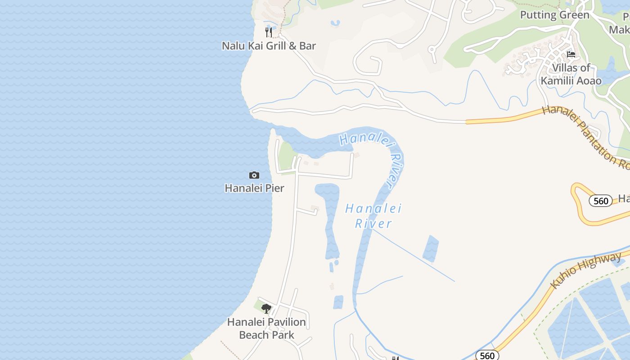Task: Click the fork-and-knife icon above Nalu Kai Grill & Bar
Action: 269,32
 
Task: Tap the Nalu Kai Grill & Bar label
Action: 269,45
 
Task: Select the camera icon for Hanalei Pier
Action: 254,175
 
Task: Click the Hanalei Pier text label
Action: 254,188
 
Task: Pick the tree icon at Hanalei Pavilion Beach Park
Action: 266,309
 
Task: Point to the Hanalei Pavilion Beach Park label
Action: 266,328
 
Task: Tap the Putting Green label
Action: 554,15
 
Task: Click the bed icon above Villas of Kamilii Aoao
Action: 571,54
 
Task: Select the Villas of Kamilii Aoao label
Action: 571,74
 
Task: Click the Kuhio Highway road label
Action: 586,270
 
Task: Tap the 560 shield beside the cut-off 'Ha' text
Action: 601,201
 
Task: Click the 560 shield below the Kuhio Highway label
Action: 487,355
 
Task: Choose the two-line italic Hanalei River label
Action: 373,216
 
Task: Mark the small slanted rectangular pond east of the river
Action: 431,248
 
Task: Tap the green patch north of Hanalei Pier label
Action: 287,155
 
